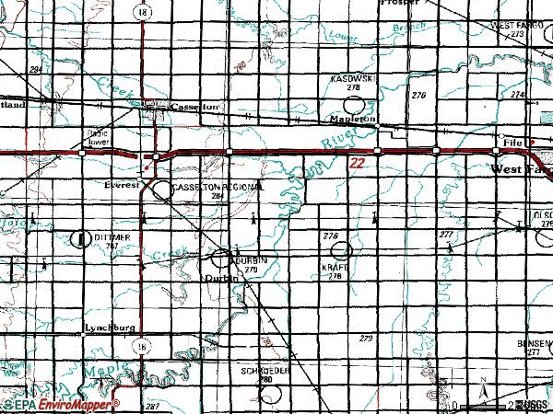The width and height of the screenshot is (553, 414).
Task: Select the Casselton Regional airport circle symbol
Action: (162, 190)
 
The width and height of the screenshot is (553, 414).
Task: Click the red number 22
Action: (359, 163)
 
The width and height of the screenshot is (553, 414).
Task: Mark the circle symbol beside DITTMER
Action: (79, 238)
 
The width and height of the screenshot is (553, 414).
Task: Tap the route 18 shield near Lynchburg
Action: (139, 345)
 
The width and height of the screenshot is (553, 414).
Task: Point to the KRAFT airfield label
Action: (334, 267)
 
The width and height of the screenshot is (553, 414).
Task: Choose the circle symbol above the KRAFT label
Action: (342, 249)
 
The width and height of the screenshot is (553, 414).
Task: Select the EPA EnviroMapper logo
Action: (59, 405)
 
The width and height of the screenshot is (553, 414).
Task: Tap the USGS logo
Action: (535, 405)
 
